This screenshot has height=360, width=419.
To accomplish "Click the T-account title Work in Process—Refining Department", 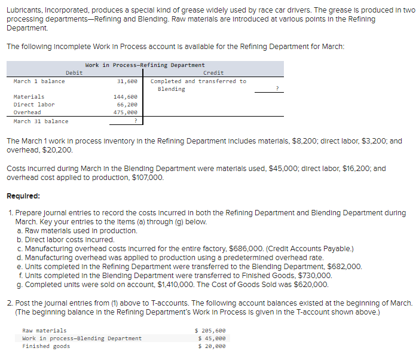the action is pos(145,65).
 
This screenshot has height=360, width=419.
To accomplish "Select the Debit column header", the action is pos(74,73).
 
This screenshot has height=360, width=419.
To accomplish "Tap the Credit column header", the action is pos(213,73).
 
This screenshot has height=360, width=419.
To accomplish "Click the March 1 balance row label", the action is pos(39,81).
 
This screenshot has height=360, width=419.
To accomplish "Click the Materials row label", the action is pos(29,97).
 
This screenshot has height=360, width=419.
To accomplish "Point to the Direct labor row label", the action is pos(34,105).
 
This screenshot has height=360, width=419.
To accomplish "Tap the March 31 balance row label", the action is pos(41,121).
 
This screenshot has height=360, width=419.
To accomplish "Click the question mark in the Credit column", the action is pos(277,89).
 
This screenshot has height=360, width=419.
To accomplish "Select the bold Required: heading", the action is pos(23,196).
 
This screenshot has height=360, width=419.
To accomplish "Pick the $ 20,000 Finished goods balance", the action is pos(212,346).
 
